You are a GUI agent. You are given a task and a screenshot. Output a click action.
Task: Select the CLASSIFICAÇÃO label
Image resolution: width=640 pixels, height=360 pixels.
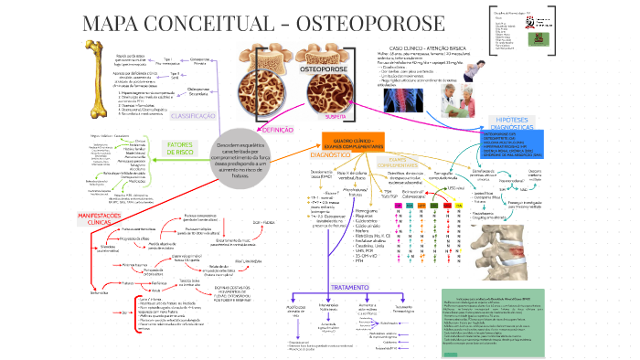pyautogui.click(x=194, y=117)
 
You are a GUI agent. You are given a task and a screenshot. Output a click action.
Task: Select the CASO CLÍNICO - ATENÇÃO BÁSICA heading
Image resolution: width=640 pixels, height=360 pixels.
pyautogui.click(x=430, y=47)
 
